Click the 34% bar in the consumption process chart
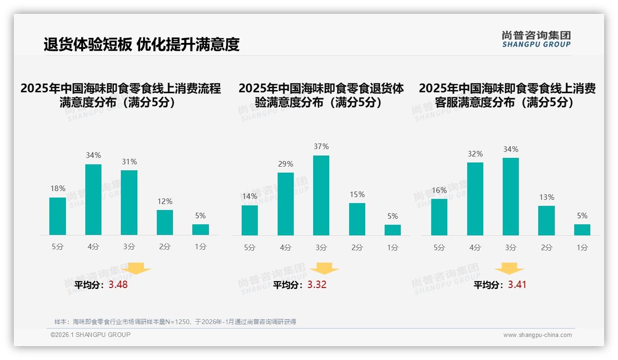(93, 199)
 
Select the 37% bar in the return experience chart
(321, 195)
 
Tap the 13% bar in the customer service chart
(546, 221)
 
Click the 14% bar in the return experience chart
(250, 220)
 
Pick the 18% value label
(58, 189)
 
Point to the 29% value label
(285, 164)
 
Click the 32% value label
(475, 154)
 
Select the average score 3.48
(118, 285)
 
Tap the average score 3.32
(317, 285)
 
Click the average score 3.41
(517, 285)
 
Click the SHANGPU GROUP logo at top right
(536, 39)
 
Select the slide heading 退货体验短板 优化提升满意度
(142, 44)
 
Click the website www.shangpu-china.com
(537, 335)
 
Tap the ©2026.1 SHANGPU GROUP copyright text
(90, 335)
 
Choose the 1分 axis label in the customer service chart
(582, 247)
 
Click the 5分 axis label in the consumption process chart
(58, 247)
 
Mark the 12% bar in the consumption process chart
(165, 222)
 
